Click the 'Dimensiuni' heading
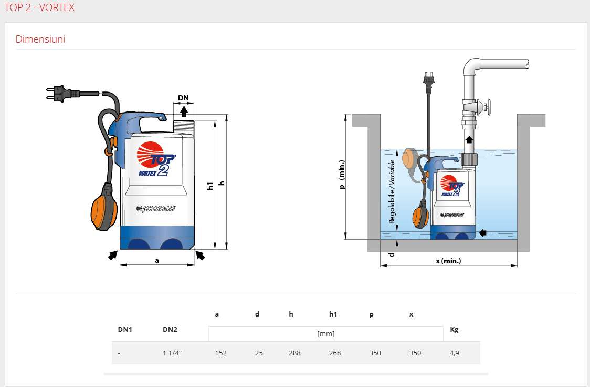click(40, 39)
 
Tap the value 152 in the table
click(221, 353)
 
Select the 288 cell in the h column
click(294, 353)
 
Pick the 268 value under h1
click(335, 353)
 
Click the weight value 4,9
click(454, 353)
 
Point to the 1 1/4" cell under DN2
click(172, 353)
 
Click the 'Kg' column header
click(454, 330)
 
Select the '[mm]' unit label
click(326, 333)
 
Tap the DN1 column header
click(125, 330)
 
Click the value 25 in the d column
click(259, 353)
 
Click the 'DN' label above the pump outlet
click(183, 98)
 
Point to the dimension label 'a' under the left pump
click(156, 260)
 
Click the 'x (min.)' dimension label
click(448, 261)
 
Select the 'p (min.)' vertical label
click(342, 174)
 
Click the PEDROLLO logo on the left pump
click(156, 208)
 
